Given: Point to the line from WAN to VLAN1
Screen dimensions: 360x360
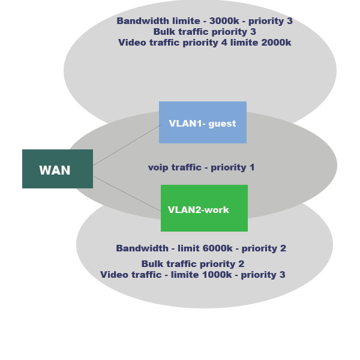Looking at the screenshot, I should [x=126, y=145].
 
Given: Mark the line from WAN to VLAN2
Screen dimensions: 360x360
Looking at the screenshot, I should [x=127, y=194].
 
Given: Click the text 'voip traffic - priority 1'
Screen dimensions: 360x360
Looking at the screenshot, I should [x=202, y=167].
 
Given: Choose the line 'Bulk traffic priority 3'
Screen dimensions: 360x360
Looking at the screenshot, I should [x=205, y=32].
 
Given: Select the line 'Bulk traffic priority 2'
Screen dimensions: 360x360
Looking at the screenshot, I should [x=193, y=264].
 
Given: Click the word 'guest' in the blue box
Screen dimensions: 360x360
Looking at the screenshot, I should [x=222, y=124].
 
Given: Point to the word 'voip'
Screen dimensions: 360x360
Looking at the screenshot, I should [x=158, y=167].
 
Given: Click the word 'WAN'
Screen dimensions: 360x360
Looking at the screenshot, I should [x=55, y=170].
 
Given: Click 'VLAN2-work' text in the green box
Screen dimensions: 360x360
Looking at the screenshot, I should [x=199, y=210].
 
